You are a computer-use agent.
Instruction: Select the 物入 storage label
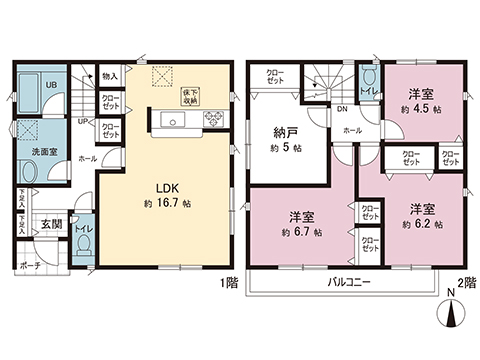(x=110, y=76)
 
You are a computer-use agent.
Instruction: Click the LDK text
(x=165, y=186)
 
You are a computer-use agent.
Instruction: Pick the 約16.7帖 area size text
(x=166, y=202)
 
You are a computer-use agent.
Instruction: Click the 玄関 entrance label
(x=50, y=226)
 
